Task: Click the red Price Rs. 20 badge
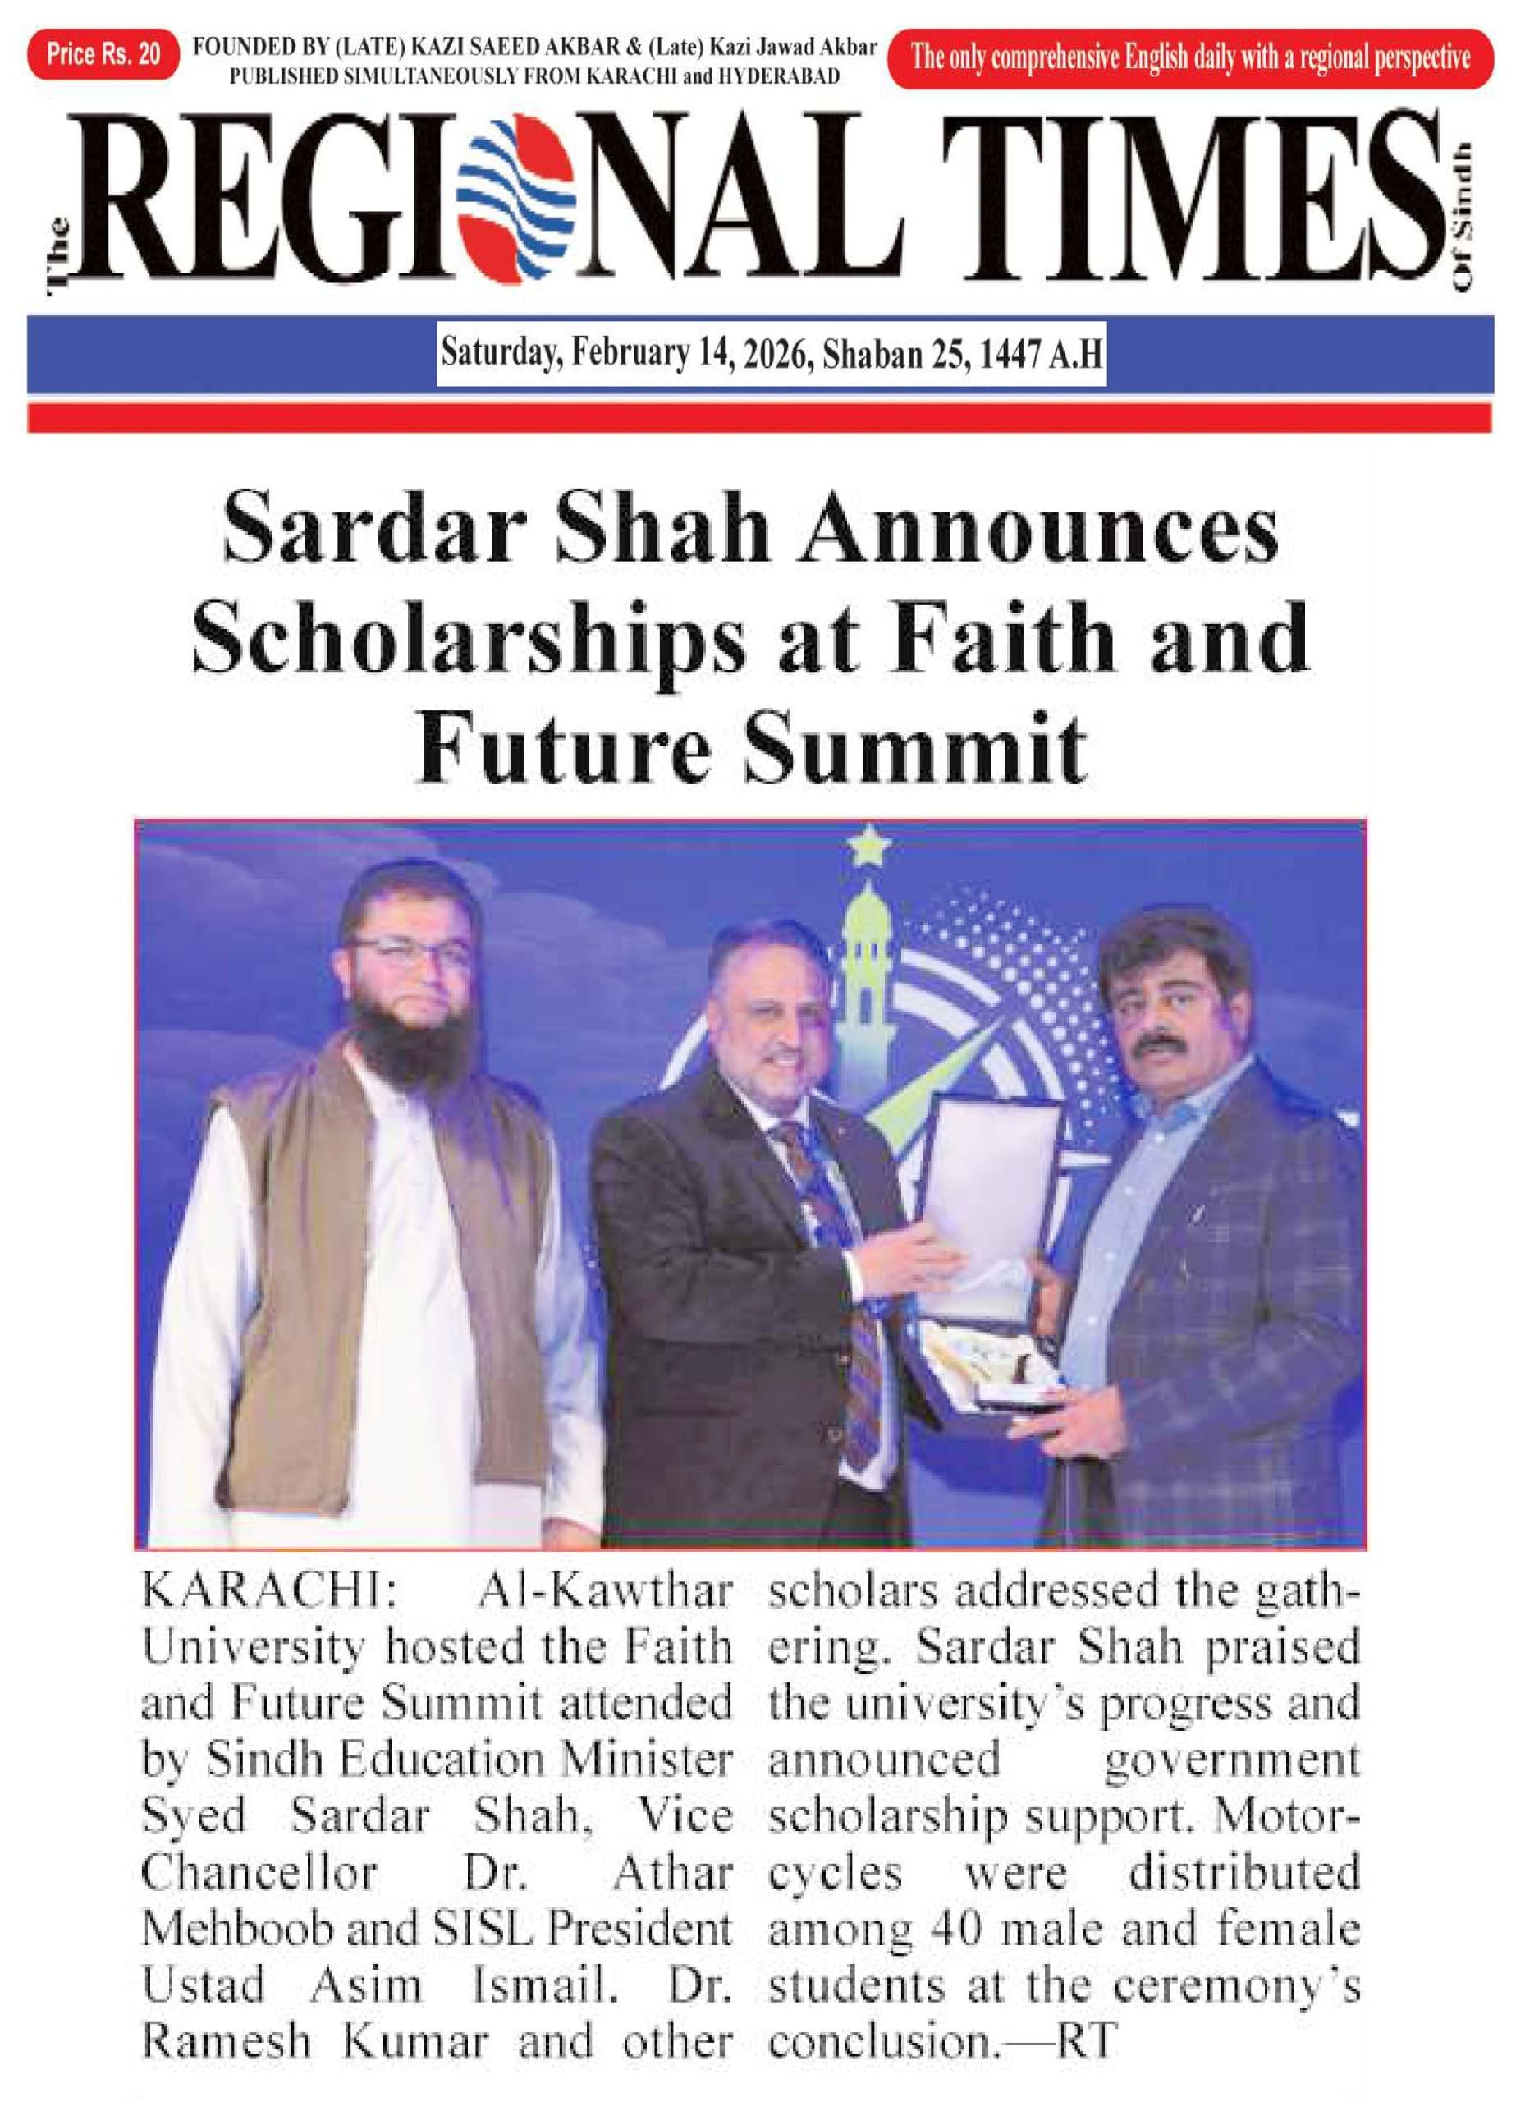(103, 55)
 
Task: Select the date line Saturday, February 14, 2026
(771, 353)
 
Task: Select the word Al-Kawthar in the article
(604, 1592)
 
